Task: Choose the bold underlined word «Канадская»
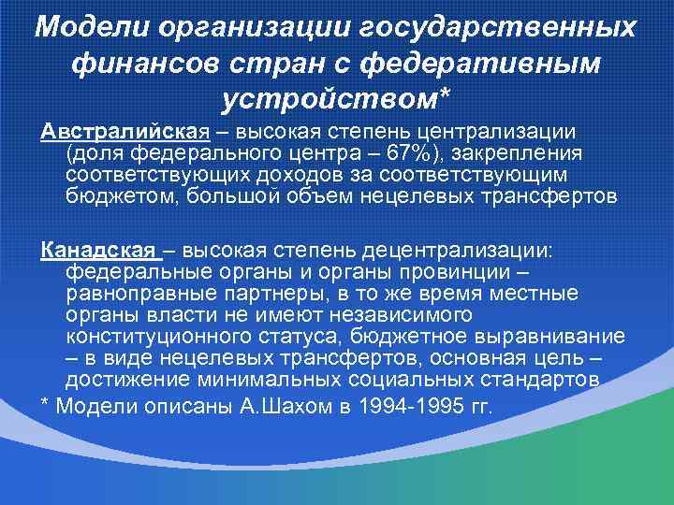click(x=97, y=252)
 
